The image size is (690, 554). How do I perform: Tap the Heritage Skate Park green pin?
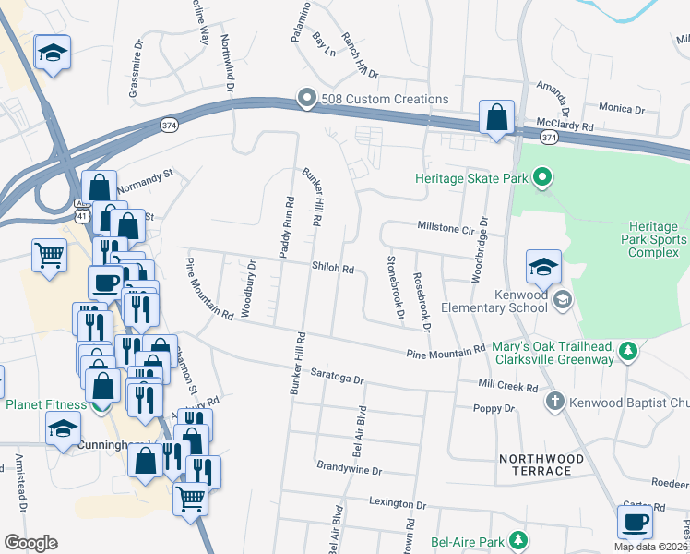click(x=542, y=175)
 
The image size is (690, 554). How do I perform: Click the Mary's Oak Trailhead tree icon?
click(x=628, y=351)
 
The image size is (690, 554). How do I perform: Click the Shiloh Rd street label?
click(x=334, y=269)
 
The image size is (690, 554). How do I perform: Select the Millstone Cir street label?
click(x=446, y=225)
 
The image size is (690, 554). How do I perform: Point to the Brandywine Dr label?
click(x=348, y=469)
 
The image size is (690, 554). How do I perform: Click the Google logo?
click(x=30, y=542)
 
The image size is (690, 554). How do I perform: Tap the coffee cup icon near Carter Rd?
click(x=635, y=522)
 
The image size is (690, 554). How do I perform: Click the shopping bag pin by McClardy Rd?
click(x=496, y=118)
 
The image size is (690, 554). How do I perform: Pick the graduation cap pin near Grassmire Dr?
click(x=53, y=53)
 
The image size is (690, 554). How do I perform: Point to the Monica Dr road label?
click(x=621, y=109)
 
